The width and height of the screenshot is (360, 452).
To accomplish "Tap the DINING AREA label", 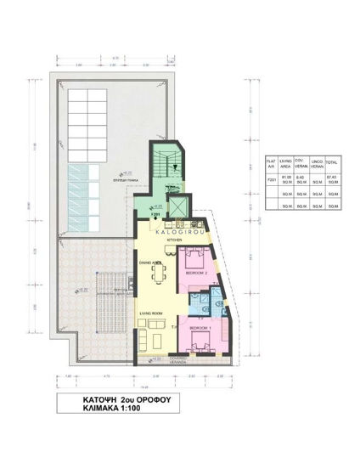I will pos(150,263).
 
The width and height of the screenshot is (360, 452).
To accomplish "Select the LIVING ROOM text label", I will pos(152,314).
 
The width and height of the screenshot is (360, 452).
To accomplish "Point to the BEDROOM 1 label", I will pos(201,327).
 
